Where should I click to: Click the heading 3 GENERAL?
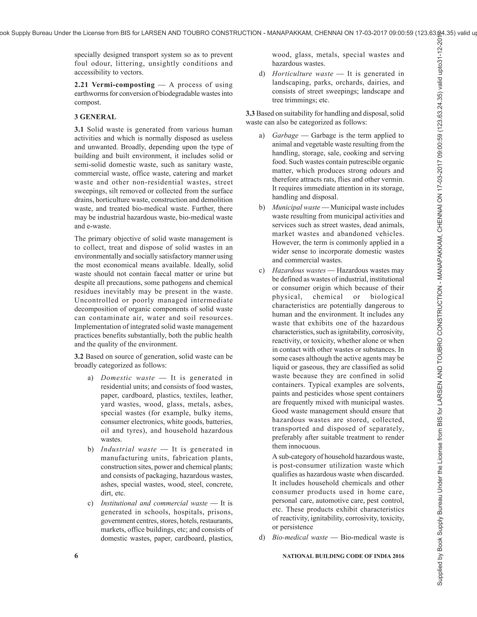tap(95, 117)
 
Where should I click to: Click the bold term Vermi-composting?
tap(123, 85)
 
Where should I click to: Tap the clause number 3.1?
tap(79, 129)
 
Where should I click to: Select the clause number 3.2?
tap(79, 356)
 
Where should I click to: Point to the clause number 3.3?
tap(250, 114)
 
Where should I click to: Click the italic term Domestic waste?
tap(128, 378)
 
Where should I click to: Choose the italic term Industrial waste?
tap(129, 449)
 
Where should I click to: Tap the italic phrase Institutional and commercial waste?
tap(154, 503)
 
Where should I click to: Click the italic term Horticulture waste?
tap(303, 74)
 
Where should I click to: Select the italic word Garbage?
tap(285, 135)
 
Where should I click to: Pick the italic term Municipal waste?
tap(296, 207)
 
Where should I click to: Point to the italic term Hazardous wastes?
tap(299, 270)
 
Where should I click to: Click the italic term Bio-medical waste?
tap(300, 537)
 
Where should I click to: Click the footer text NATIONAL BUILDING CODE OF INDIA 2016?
tap(343, 556)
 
